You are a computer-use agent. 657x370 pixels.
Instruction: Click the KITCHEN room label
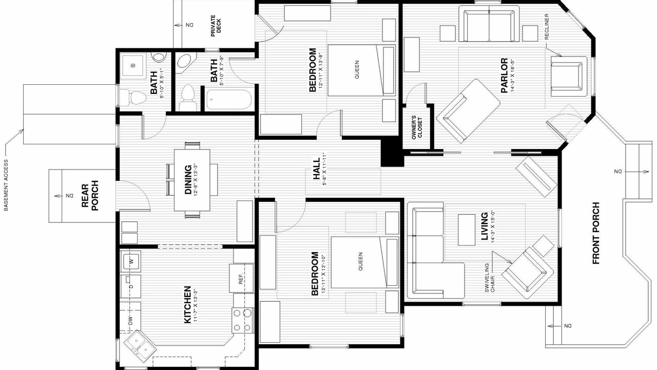coord(187,305)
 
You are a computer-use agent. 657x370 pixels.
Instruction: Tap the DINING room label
coord(188,180)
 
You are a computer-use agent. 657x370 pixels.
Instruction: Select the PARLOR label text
coord(504,76)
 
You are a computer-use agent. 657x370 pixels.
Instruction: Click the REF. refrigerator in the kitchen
coord(241,278)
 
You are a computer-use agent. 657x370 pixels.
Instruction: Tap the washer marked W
coord(131,261)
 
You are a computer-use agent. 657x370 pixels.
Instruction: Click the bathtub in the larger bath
coord(229,100)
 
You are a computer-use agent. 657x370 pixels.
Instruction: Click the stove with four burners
coord(243,320)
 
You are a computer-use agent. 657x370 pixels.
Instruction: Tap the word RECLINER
coord(546,27)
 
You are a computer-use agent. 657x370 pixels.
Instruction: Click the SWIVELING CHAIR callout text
coord(490,278)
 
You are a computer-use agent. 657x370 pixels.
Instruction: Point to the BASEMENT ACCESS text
coord(6,186)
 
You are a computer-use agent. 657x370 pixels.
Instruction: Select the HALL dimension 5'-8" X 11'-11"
coord(324,169)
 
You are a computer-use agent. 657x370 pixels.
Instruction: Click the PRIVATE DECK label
coord(216,26)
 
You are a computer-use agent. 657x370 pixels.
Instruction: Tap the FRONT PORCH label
coord(596,233)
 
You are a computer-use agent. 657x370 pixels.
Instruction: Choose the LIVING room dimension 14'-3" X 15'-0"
coord(493,227)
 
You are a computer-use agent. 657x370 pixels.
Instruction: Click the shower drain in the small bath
coord(132,65)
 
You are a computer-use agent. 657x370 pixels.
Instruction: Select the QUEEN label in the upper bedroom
coord(357,69)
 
